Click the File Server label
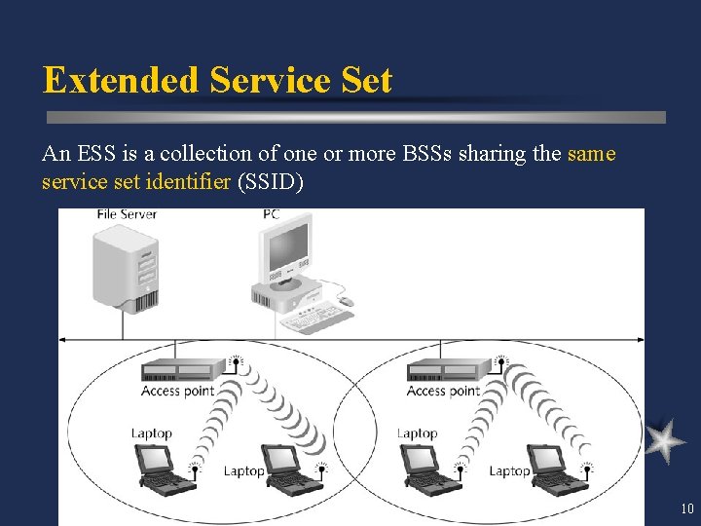tap(127, 214)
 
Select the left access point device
tap(182, 370)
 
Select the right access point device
tap(448, 370)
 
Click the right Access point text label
tap(443, 391)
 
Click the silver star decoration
tap(665, 440)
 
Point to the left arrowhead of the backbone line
tap(62, 339)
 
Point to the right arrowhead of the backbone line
tap(640, 339)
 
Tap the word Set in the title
tap(365, 80)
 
